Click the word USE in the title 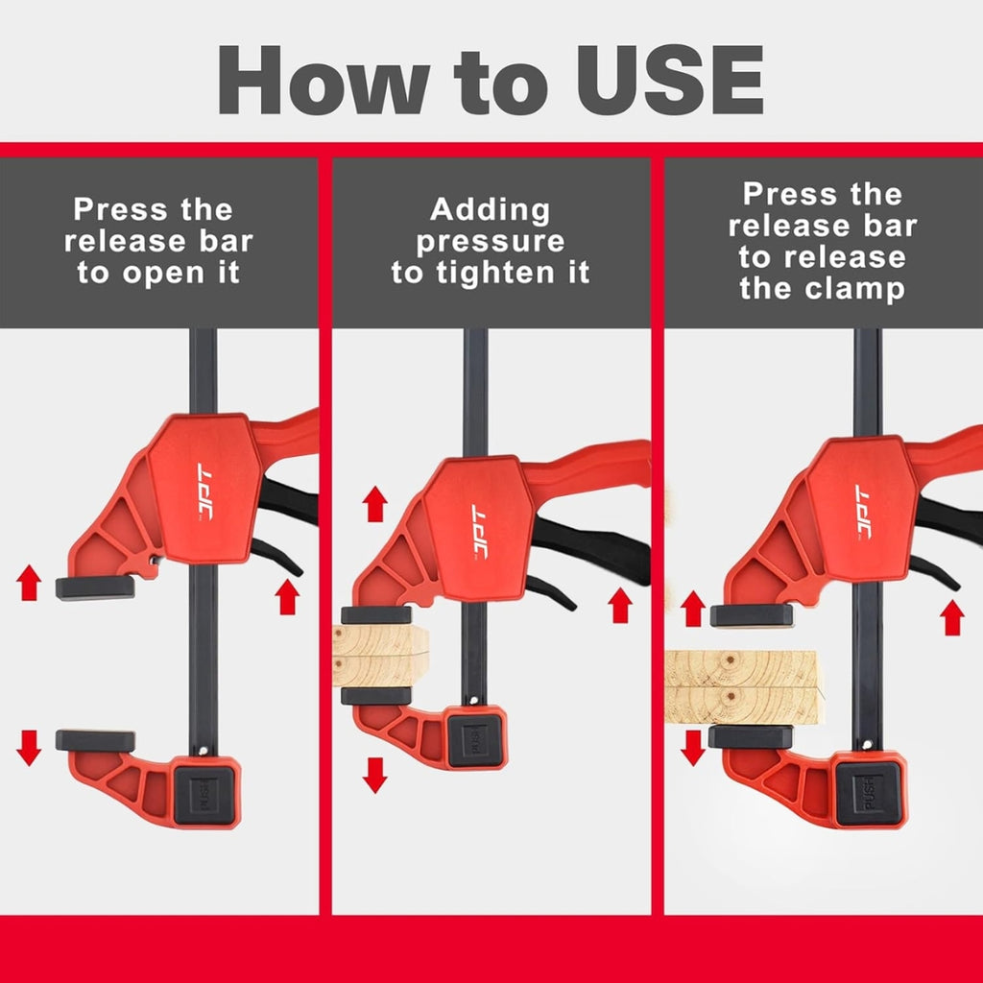click(x=669, y=80)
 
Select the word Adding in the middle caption click(x=491, y=210)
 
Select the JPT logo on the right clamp click(x=864, y=512)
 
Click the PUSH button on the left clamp click(x=204, y=795)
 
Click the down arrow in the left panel click(x=29, y=747)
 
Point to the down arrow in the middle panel click(x=375, y=775)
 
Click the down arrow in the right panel click(x=693, y=748)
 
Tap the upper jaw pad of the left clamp click(x=95, y=587)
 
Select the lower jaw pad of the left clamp click(x=95, y=740)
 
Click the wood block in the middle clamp click(x=380, y=656)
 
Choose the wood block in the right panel click(x=744, y=687)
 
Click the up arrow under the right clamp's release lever click(x=951, y=617)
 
